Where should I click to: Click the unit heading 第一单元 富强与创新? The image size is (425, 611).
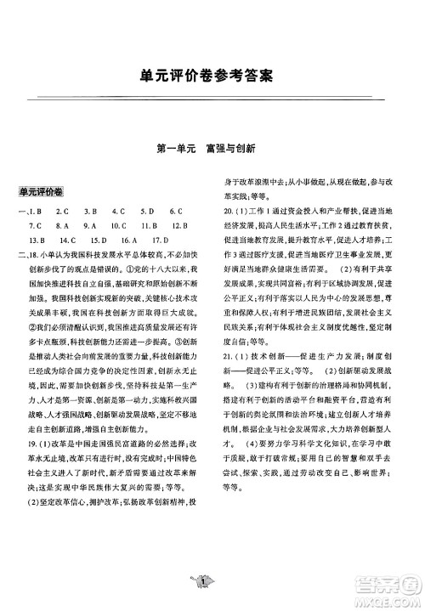[x=212, y=147]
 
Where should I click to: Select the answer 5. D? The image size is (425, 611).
[x=146, y=211]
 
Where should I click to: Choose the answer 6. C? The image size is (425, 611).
[x=176, y=211]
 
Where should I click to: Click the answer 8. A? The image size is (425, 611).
[x=61, y=225]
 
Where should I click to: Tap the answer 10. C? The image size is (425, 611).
[x=118, y=225]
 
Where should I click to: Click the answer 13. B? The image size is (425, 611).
[x=38, y=240]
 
